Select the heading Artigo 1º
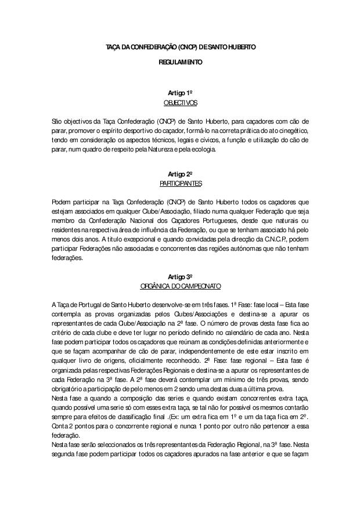coord(180,93)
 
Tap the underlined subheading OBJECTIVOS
coord(180,103)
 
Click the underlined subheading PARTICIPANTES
coord(180,183)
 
